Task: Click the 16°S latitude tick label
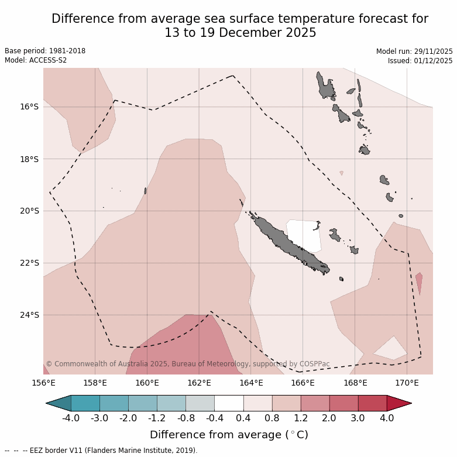pyautogui.click(x=29, y=106)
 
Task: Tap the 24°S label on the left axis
pyautogui.click(x=29, y=315)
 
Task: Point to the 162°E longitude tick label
pyautogui.click(x=199, y=383)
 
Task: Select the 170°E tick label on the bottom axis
pyautogui.click(x=407, y=383)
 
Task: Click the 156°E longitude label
pyautogui.click(x=43, y=383)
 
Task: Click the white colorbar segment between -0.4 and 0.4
pyautogui.click(x=229, y=403)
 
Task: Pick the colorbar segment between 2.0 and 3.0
pyautogui.click(x=343, y=403)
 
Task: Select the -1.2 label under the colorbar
pyautogui.click(x=157, y=418)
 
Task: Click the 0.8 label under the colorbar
pyautogui.click(x=272, y=418)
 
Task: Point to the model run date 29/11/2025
pyautogui.click(x=432, y=51)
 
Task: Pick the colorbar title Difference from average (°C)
pyautogui.click(x=229, y=435)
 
